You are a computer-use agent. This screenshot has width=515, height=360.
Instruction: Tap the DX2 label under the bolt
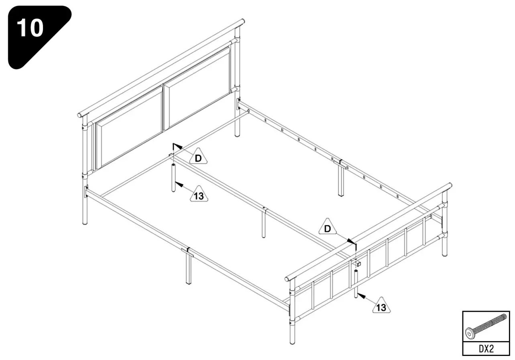486,348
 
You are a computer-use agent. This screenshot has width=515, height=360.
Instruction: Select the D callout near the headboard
198,158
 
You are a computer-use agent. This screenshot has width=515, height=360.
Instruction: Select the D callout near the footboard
328,228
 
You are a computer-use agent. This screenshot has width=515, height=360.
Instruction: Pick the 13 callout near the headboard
199,195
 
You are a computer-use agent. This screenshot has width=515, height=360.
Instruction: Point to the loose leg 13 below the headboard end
173,177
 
